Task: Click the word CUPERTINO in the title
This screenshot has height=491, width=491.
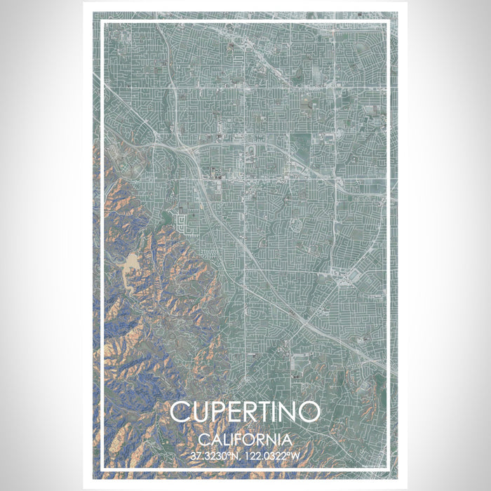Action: click(245, 413)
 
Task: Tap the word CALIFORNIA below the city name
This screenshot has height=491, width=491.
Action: click(245, 440)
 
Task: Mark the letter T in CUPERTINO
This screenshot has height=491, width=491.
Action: click(271, 413)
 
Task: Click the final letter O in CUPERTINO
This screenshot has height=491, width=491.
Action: click(312, 413)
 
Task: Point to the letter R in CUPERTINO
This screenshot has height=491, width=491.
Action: click(253, 413)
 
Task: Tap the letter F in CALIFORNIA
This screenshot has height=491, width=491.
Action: click(242, 440)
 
